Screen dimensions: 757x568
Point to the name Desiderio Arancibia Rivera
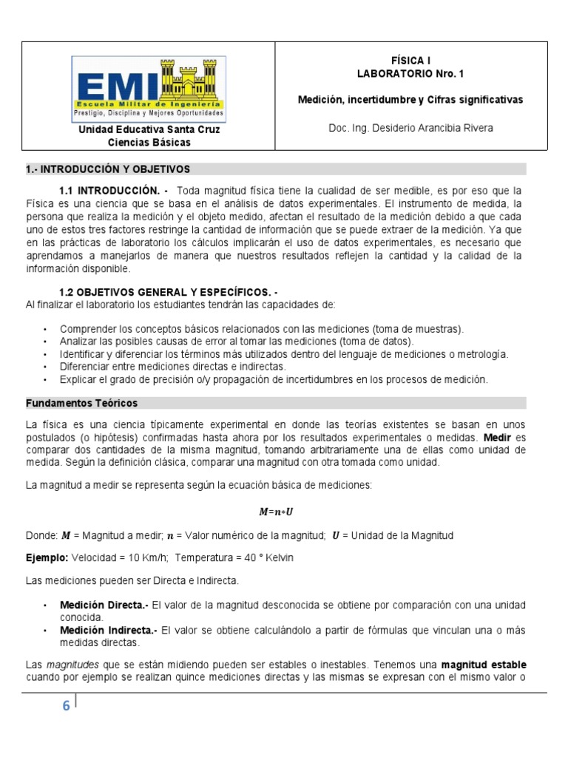click(428, 128)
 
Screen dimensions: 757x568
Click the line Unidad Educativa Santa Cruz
click(149, 129)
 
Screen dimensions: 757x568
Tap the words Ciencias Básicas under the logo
click(149, 142)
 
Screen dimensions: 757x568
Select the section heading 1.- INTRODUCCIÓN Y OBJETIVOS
click(108, 169)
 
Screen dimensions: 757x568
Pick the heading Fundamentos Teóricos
click(81, 403)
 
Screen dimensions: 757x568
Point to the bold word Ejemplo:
click(47, 557)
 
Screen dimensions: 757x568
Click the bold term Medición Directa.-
click(104, 605)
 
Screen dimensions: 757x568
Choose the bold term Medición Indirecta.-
click(109, 630)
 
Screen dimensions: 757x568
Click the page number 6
click(66, 706)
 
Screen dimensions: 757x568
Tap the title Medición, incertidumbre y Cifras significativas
click(410, 99)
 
